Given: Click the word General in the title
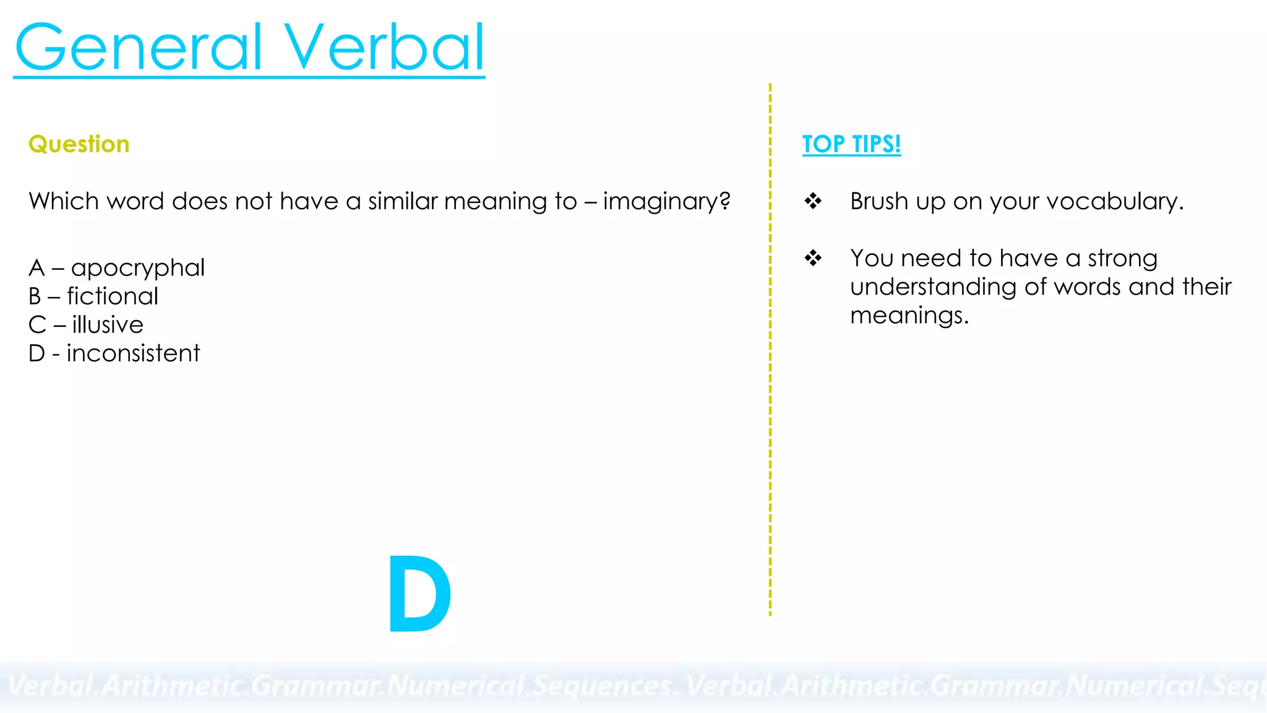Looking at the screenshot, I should click(x=139, y=48).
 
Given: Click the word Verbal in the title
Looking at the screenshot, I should click(x=384, y=48).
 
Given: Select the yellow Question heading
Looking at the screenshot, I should click(x=79, y=144).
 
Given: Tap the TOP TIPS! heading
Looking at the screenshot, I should click(x=851, y=144).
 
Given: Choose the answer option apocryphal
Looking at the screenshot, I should click(x=137, y=268).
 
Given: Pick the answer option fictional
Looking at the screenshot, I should click(x=113, y=296).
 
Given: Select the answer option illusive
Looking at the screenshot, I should click(x=108, y=325).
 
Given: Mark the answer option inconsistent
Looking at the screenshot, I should click(x=133, y=353).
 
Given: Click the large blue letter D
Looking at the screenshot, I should click(x=419, y=594).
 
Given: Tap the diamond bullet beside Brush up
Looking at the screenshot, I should click(x=813, y=201).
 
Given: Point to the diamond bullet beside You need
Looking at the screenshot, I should click(x=813, y=257).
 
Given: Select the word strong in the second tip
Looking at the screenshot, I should click(x=1122, y=259).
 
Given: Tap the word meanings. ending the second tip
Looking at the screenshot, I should click(x=909, y=316).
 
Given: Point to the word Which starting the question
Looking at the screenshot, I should click(x=64, y=201).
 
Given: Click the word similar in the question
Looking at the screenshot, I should click(x=403, y=201).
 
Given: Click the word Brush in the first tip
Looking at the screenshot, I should click(x=879, y=201).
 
